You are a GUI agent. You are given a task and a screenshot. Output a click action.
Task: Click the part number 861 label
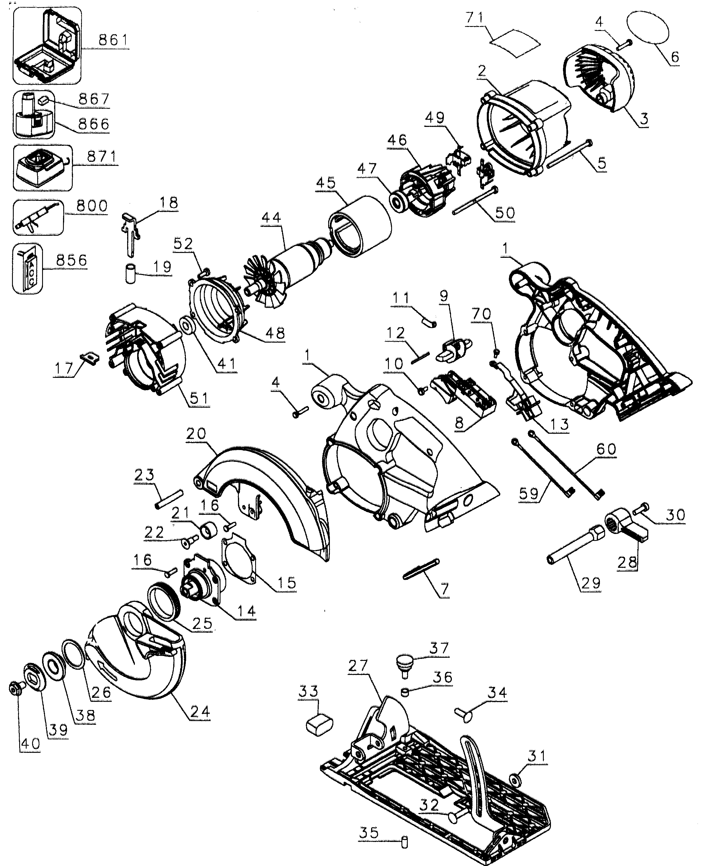[x=113, y=40]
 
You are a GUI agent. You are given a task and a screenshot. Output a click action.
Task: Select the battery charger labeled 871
[x=40, y=168]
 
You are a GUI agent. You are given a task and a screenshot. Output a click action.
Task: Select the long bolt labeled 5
[x=569, y=154]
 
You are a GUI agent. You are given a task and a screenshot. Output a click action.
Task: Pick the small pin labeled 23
[x=169, y=498]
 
